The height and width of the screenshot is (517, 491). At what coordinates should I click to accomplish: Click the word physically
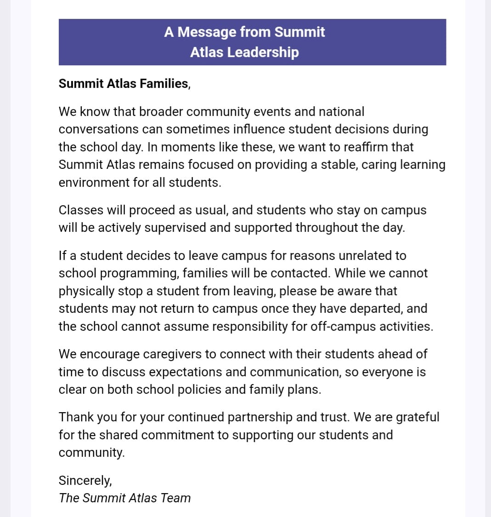click(x=86, y=291)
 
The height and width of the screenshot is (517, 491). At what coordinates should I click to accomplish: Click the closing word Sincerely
click(x=85, y=481)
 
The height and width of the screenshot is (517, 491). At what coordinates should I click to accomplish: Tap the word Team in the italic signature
click(x=176, y=498)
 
